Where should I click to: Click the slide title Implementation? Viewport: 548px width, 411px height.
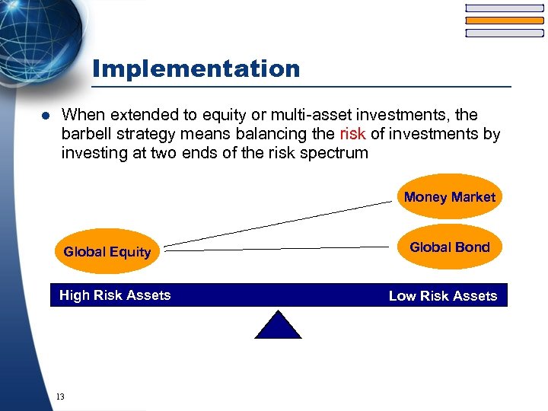196,69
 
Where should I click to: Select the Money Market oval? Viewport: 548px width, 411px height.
449,197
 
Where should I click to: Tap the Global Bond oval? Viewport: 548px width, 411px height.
449,247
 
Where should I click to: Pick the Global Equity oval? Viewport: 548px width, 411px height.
107,252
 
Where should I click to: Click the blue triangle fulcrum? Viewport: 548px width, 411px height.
278,326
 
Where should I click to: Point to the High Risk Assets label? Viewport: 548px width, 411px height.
115,295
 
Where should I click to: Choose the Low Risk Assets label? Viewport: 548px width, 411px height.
442,296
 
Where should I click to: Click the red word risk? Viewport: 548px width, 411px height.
353,135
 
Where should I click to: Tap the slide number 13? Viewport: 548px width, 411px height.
60,397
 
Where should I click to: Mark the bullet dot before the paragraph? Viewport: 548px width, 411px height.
45,116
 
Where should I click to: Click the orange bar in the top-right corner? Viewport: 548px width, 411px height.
504,21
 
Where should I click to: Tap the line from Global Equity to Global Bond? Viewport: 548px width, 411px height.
278,247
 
